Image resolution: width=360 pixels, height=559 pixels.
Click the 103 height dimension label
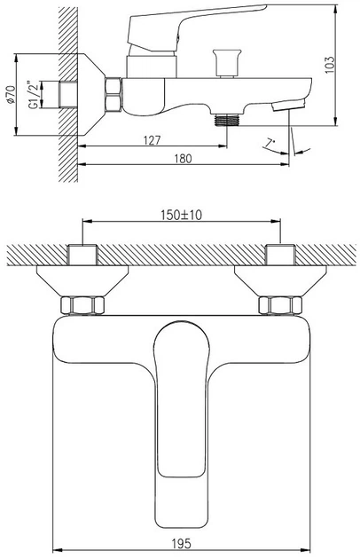(x=330, y=64)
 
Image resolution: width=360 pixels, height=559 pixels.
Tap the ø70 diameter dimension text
(x=11, y=95)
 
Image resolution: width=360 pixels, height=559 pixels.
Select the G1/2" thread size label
(x=34, y=95)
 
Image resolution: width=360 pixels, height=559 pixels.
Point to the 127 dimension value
(x=153, y=140)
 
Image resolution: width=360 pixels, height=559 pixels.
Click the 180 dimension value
(x=183, y=158)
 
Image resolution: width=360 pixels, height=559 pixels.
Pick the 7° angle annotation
(x=270, y=144)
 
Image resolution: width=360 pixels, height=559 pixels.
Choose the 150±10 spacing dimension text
(x=181, y=215)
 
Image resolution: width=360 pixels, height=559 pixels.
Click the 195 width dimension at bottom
(x=182, y=544)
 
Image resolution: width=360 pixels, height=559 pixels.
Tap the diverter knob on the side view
(x=227, y=63)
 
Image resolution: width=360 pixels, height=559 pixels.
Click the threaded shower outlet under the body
(x=227, y=120)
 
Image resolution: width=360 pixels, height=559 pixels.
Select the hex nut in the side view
(x=113, y=95)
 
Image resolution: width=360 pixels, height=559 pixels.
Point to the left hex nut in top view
(x=82, y=305)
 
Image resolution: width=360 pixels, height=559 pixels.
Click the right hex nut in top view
(x=280, y=305)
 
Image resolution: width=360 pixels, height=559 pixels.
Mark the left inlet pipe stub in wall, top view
(x=82, y=255)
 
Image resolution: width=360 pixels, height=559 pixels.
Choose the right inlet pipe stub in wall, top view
(x=280, y=255)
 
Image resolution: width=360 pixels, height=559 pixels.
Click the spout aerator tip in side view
(x=289, y=106)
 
